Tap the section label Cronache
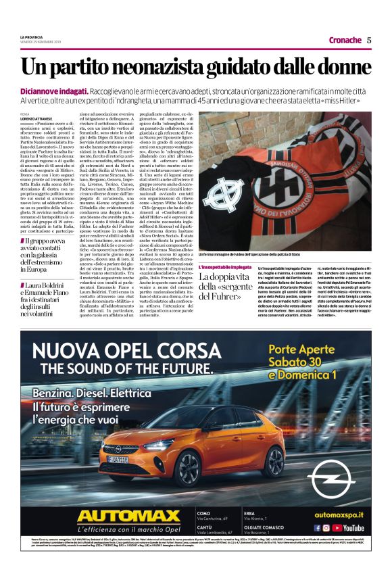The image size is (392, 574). pos(345,40)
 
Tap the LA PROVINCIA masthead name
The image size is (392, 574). pos(31,37)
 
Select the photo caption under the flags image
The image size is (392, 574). pos(273,255)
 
